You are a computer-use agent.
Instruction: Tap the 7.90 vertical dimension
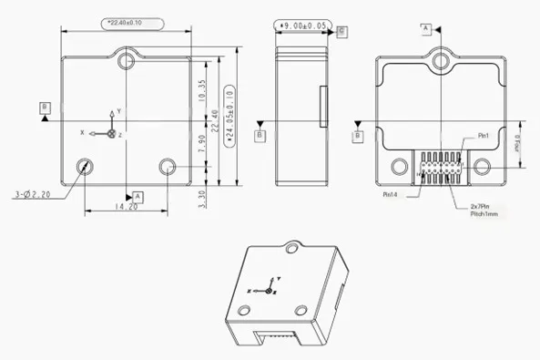[202, 143]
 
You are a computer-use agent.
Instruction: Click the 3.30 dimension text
[202, 192]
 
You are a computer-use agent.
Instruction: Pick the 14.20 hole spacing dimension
[126, 207]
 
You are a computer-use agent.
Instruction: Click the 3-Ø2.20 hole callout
[34, 194]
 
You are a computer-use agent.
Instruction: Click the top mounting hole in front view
[127, 60]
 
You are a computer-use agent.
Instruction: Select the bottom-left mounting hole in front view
[86, 167]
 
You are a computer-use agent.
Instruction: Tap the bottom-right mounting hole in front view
[168, 167]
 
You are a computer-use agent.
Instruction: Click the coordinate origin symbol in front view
[111, 133]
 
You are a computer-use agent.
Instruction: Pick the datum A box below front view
[138, 196]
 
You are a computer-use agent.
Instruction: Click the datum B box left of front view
[45, 108]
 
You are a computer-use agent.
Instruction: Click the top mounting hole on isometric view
[292, 246]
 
